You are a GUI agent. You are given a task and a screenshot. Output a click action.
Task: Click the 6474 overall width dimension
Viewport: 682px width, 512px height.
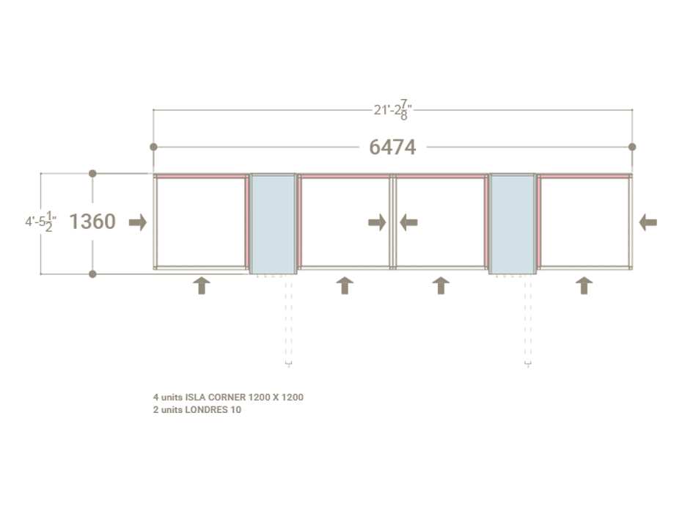pos(392,147)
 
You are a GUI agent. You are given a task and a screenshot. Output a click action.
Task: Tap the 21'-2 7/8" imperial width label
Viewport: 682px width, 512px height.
pos(392,111)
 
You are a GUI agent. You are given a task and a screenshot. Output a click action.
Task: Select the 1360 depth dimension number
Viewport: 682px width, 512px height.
pos(92,222)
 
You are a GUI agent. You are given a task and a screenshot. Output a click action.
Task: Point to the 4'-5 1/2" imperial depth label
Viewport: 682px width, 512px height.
pos(41,222)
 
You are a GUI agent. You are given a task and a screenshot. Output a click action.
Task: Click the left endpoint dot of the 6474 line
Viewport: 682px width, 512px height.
pos(153,147)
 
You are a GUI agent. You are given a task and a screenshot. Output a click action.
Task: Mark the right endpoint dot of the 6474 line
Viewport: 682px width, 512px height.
pos(632,147)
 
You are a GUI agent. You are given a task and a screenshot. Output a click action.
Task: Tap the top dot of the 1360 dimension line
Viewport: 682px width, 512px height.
pos(92,173)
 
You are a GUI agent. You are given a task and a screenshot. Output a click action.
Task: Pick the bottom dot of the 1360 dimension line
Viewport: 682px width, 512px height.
pos(92,274)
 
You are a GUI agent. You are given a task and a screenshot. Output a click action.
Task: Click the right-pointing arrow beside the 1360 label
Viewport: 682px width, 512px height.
pos(138,222)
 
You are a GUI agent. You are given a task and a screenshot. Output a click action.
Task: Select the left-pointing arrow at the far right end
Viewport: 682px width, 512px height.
pos(648,222)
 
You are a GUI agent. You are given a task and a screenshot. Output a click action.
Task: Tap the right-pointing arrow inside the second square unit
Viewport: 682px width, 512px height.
pos(377,222)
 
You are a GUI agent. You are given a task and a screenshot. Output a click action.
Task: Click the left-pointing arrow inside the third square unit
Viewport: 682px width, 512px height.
pos(408,222)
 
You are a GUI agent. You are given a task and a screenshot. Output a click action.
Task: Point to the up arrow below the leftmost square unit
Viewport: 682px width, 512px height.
pos(201,285)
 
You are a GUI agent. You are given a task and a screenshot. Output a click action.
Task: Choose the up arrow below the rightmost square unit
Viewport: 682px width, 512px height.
pos(584,285)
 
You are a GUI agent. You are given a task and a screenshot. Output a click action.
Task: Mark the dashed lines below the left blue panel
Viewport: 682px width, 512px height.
pos(288,323)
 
